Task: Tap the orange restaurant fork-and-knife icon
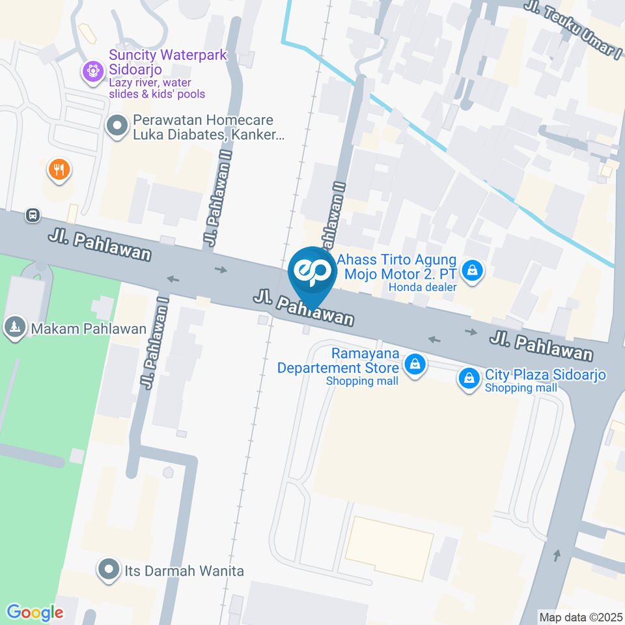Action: click(59, 170)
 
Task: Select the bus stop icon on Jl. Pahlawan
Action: click(32, 214)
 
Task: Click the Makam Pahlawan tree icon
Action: click(14, 327)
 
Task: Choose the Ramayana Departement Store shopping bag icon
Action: click(414, 365)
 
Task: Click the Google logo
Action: click(35, 612)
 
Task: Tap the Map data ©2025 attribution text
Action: click(581, 617)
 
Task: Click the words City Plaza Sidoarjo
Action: click(546, 375)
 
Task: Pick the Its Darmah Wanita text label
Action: click(184, 571)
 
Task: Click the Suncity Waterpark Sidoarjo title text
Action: click(168, 62)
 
